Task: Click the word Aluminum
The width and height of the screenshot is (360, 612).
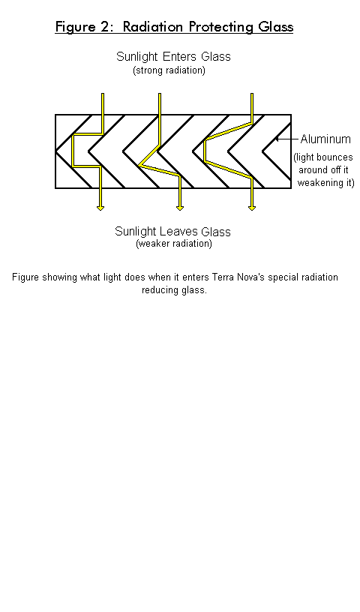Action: [325, 139]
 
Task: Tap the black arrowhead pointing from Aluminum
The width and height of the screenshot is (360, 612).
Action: [277, 139]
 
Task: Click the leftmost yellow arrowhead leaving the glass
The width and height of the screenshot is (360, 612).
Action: [100, 208]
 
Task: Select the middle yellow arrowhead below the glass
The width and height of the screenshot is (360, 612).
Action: [180, 208]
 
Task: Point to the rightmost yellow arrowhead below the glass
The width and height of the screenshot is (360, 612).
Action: [252, 208]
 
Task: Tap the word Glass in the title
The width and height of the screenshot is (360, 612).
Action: [275, 27]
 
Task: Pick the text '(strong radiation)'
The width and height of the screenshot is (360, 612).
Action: [169, 70]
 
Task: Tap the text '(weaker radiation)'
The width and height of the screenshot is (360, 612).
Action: [174, 244]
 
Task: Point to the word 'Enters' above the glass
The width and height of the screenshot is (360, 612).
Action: [180, 56]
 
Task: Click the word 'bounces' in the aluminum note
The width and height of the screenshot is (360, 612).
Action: [337, 157]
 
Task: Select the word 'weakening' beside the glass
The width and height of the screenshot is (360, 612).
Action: [318, 183]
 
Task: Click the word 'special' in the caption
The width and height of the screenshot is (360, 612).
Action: [281, 277]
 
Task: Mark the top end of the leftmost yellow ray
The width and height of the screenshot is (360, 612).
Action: [103, 94]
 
